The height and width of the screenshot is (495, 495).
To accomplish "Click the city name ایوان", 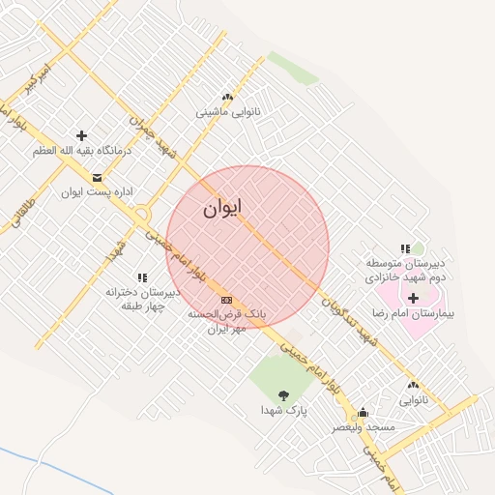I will click(222, 207).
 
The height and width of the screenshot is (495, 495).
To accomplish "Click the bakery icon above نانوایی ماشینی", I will click(227, 97).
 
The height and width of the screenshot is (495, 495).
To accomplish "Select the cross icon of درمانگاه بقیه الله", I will click(80, 135).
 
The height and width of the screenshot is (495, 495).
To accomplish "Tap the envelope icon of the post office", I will click(97, 177).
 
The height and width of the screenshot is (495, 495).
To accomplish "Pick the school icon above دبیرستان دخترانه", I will click(143, 278).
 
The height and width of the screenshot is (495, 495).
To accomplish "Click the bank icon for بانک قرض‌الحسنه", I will click(226, 300).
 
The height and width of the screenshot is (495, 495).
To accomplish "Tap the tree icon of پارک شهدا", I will click(283, 394).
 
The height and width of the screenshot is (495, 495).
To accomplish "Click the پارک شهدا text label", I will click(283, 410).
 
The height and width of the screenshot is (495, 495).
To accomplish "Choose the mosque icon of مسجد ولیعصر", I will click(363, 412).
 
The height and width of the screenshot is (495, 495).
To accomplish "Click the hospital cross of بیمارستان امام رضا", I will click(414, 298).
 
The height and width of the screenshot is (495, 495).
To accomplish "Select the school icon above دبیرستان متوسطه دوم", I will click(405, 248).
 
